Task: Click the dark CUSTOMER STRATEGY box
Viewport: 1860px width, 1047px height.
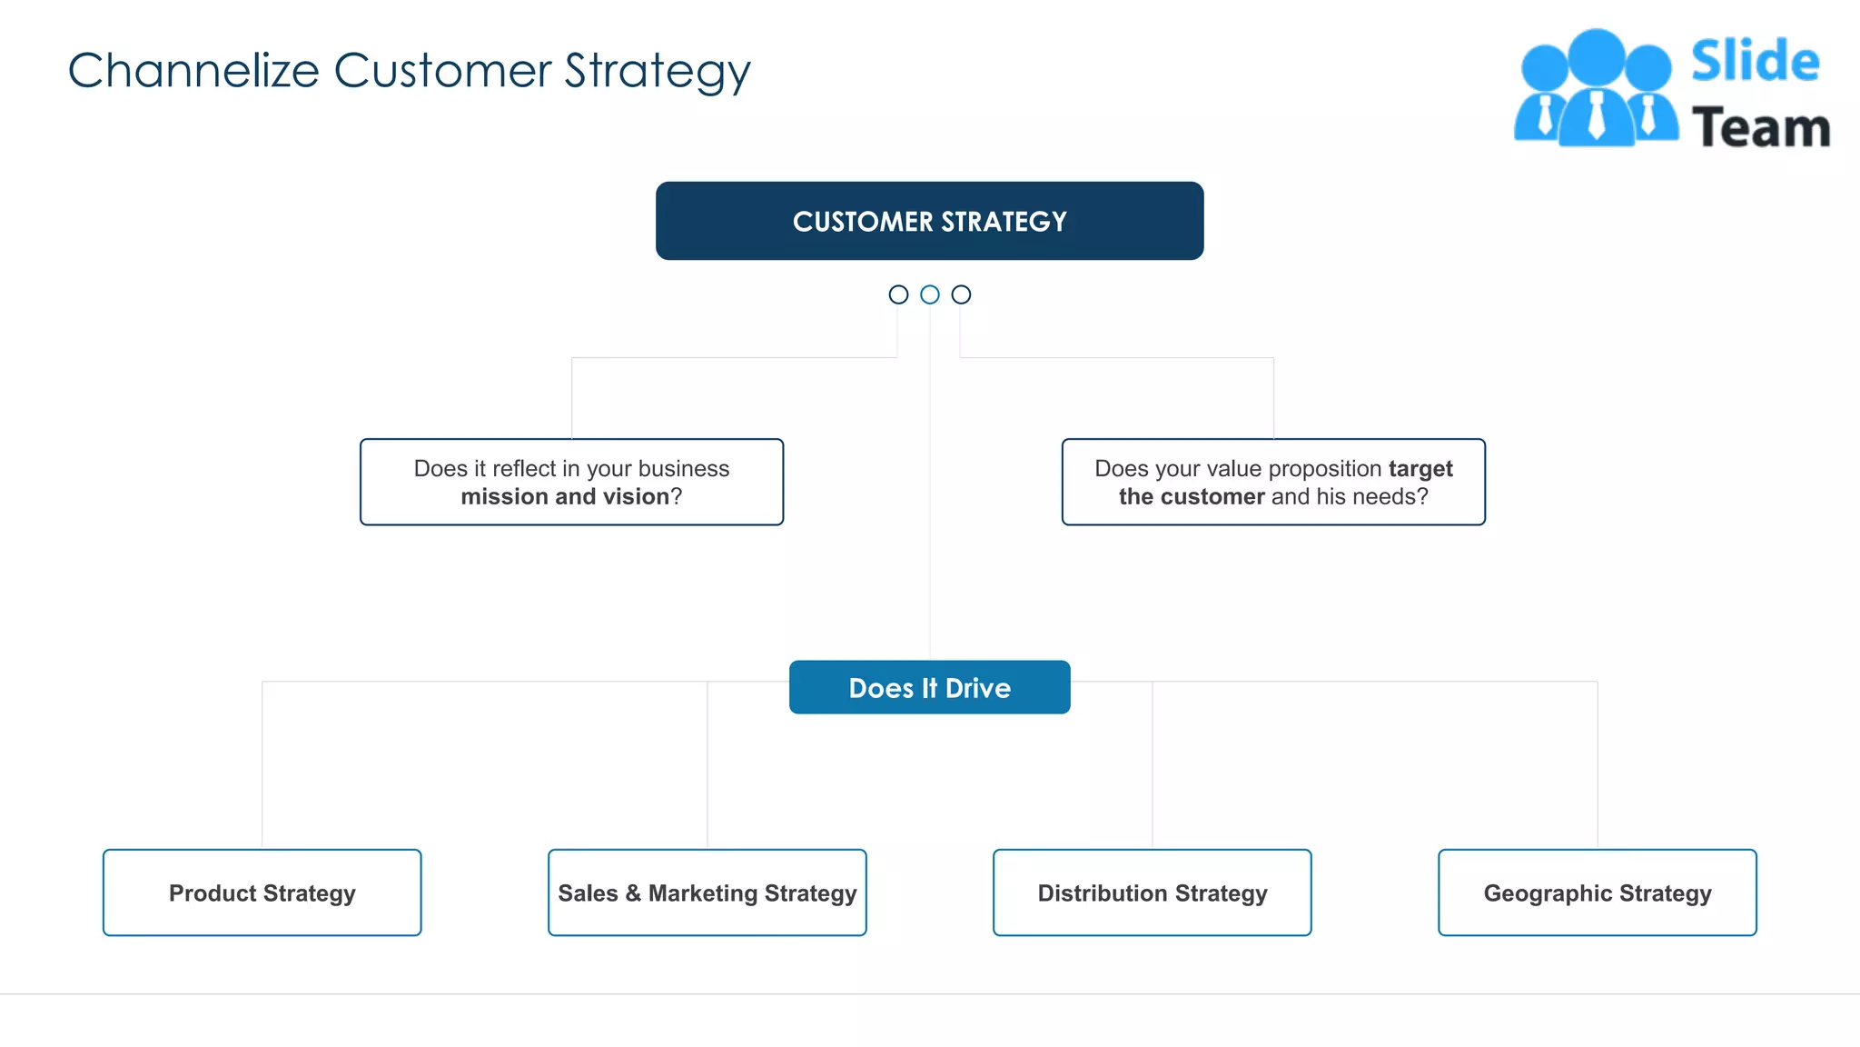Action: coord(929,221)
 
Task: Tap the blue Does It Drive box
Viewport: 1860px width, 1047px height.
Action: coord(929,687)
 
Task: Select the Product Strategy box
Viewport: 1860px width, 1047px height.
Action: coord(262,892)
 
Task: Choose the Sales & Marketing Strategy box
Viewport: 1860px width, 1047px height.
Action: coord(707,892)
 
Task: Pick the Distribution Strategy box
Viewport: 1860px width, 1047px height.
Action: coord(1152,892)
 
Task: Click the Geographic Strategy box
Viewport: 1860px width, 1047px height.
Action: coord(1597,892)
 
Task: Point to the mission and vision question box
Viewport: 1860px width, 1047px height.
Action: coord(571,482)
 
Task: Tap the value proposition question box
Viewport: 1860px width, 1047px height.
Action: coord(1273,482)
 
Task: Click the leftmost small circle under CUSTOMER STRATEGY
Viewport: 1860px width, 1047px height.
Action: coord(898,294)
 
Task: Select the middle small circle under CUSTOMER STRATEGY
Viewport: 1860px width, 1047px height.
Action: coord(929,294)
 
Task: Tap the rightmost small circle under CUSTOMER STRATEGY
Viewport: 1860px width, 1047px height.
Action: coord(961,294)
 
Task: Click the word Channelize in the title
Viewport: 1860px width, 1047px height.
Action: coord(193,71)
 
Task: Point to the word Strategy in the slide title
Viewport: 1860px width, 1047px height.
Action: coord(657,71)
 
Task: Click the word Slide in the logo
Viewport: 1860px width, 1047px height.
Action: coord(1755,62)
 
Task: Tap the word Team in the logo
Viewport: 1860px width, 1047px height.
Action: coord(1760,127)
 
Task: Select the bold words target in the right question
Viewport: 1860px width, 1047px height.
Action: coord(1420,468)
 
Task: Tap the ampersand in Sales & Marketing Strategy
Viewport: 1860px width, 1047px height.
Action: coord(633,893)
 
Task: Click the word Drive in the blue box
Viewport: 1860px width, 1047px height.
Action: coord(977,688)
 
